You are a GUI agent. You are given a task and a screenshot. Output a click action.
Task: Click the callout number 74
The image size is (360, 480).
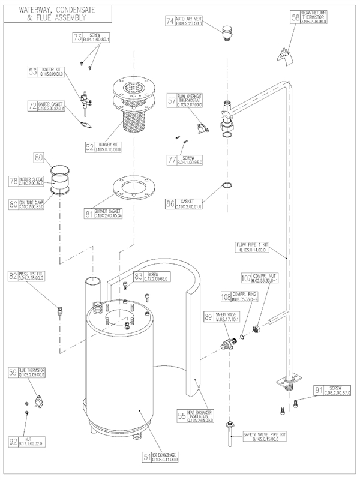point(170,20)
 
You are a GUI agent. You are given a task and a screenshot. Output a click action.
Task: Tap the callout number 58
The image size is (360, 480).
point(295,17)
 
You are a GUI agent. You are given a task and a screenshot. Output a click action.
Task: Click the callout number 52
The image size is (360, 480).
point(91,146)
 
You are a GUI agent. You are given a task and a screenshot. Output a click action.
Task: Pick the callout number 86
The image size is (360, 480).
point(171,203)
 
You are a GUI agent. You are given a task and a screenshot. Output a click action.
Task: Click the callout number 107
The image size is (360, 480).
point(245,278)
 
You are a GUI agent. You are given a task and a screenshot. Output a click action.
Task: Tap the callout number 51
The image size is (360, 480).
point(146,457)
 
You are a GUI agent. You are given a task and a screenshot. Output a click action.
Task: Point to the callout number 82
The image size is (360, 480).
point(13,275)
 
